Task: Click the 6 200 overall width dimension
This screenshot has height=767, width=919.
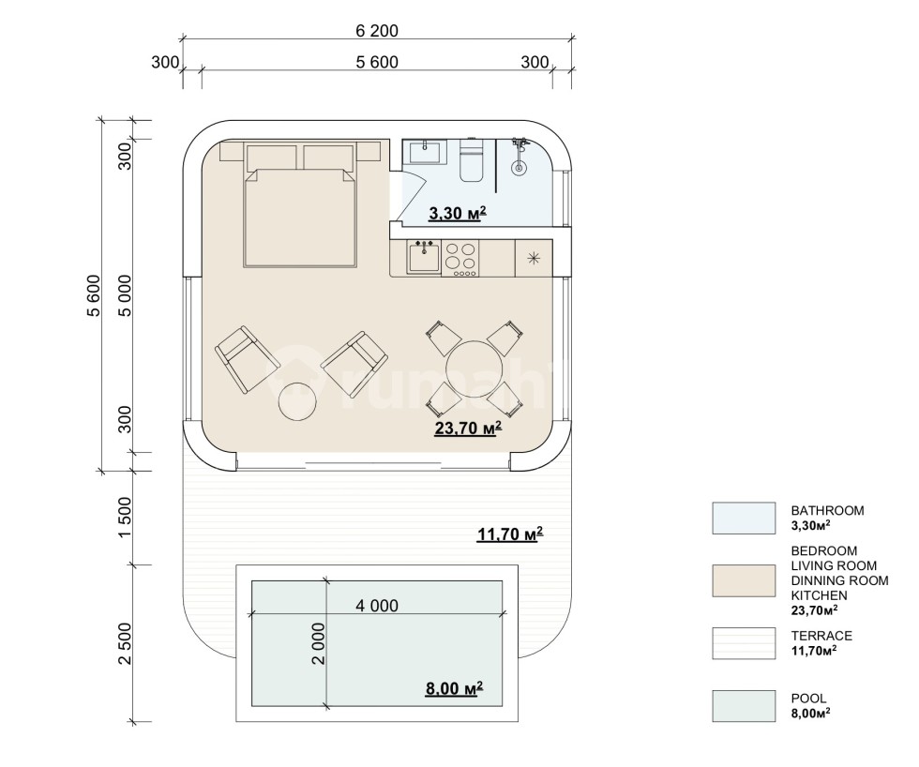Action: (x=377, y=30)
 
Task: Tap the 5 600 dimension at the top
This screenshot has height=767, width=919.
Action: (x=377, y=62)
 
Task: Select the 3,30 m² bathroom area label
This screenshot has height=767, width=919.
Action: (x=458, y=214)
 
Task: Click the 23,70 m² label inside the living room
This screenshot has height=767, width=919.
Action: (x=468, y=429)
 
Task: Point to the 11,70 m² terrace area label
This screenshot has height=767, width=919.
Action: (x=510, y=534)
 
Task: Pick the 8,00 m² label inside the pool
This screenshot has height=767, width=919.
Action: (x=454, y=687)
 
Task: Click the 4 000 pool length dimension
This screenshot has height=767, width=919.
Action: (x=377, y=606)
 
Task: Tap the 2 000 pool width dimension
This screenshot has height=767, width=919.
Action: (x=318, y=643)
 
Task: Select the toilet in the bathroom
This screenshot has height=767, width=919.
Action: (x=470, y=159)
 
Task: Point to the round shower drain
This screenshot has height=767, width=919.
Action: (x=518, y=168)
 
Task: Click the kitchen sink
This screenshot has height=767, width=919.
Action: (x=424, y=258)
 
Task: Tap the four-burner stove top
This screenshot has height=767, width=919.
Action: (x=460, y=259)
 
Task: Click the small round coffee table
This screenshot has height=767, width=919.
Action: (x=297, y=401)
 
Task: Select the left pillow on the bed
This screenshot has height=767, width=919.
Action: (x=271, y=158)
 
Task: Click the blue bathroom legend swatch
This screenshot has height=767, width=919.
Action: (x=744, y=518)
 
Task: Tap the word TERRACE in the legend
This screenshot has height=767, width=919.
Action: (x=821, y=636)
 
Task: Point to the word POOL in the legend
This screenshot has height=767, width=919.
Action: (x=808, y=699)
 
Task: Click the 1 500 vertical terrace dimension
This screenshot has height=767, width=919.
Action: (x=125, y=518)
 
